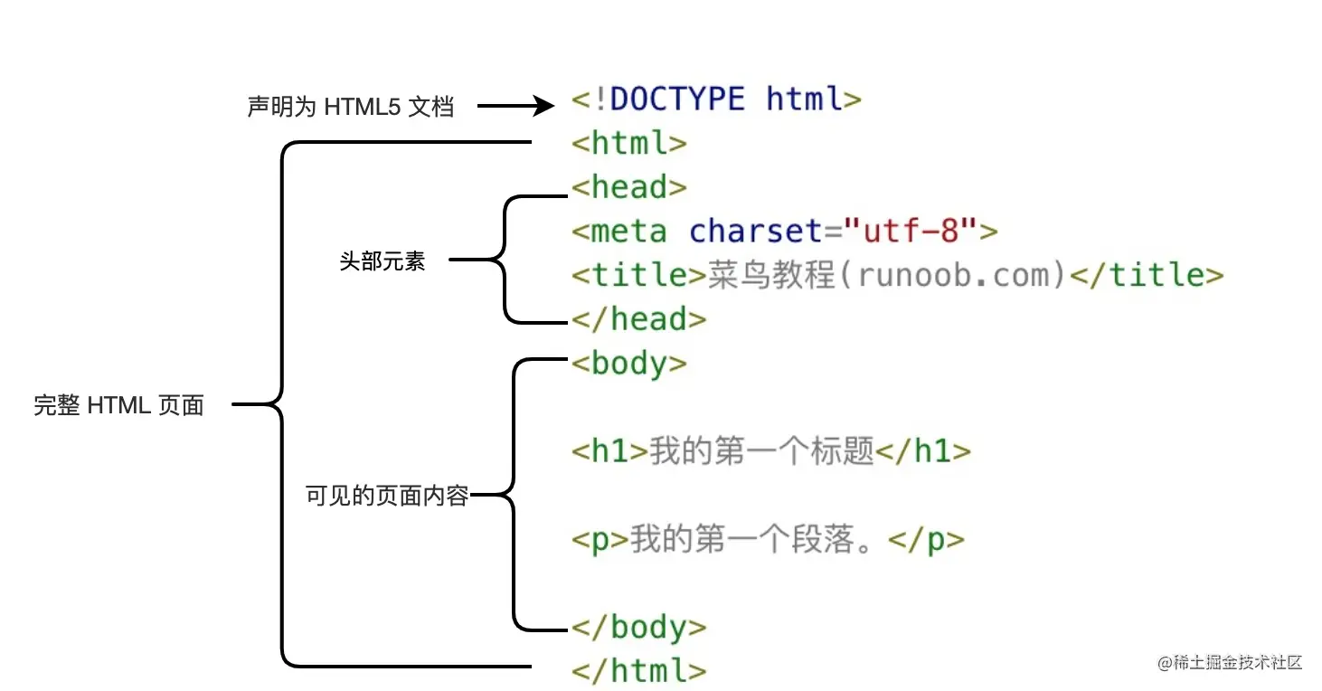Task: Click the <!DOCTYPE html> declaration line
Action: click(716, 99)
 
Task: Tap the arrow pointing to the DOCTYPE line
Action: click(515, 107)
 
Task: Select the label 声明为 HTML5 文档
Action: click(350, 107)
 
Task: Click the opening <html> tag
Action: click(629, 143)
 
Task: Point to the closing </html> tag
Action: click(638, 670)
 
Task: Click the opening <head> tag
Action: click(629, 187)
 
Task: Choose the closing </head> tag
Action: click(638, 318)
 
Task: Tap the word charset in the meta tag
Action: click(756, 231)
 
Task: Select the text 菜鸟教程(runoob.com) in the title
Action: click(886, 275)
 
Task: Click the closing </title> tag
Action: click(1147, 275)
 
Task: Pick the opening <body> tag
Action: click(629, 363)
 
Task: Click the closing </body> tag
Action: click(638, 626)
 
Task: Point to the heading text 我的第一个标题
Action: click(761, 450)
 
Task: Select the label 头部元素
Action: click(382, 262)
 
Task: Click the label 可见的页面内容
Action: click(387, 496)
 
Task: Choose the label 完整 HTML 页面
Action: click(119, 405)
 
